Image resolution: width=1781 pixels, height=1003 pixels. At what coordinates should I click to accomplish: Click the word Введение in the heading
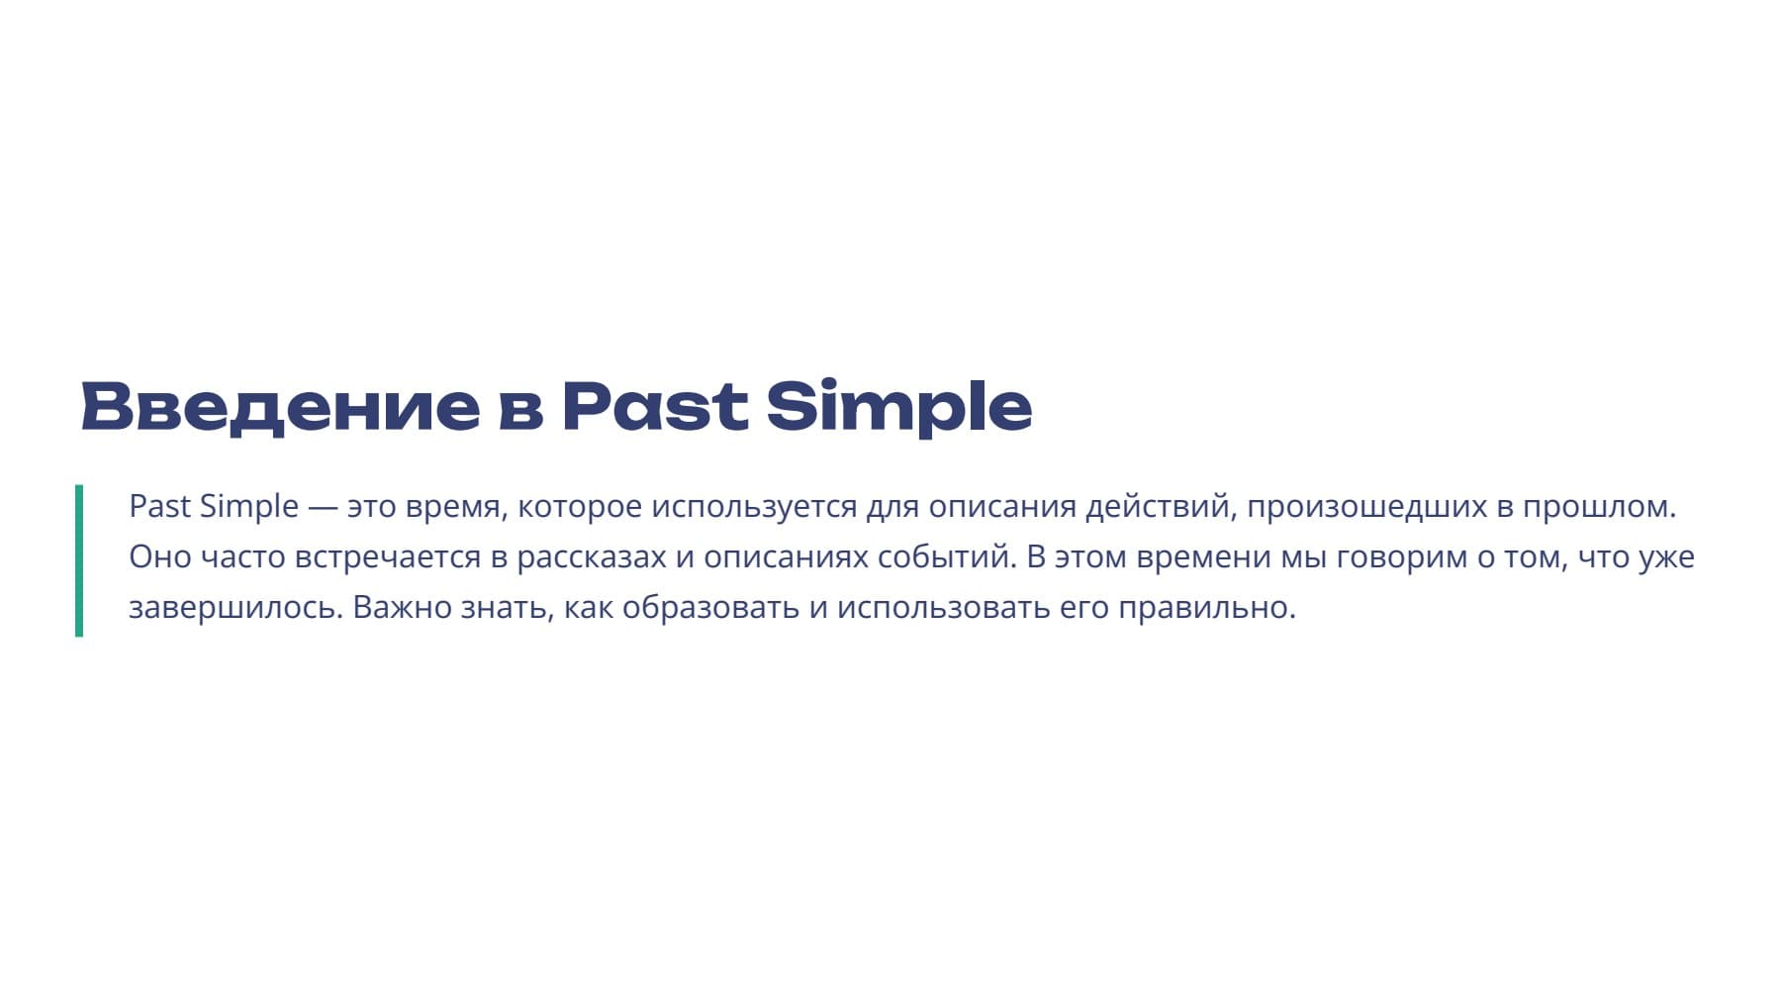(x=280, y=406)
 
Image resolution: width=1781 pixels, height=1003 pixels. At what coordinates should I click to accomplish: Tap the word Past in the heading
(x=654, y=406)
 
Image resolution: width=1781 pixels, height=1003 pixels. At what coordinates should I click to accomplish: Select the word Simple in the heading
(x=898, y=406)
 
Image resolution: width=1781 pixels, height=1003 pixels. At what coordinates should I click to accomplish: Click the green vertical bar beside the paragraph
(x=79, y=559)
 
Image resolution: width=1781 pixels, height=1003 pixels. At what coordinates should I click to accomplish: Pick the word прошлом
(x=1598, y=507)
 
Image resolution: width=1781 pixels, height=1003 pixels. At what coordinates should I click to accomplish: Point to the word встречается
(x=387, y=557)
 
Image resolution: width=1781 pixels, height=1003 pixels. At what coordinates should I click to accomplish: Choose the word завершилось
(x=235, y=607)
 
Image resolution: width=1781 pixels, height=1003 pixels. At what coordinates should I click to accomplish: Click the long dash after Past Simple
(x=323, y=508)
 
